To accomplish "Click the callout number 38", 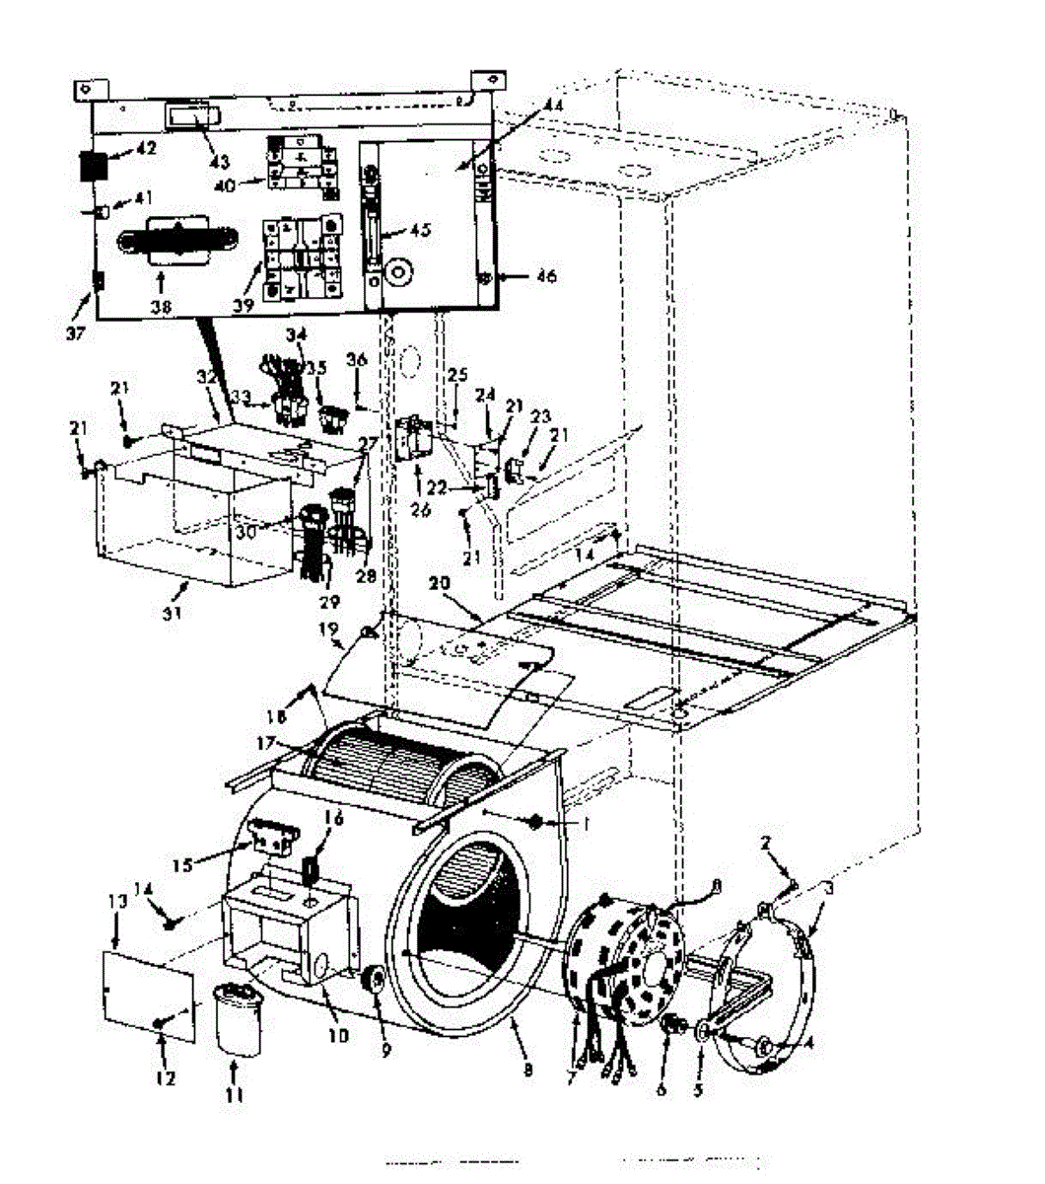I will click(x=161, y=307).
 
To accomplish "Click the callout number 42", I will click(x=145, y=150).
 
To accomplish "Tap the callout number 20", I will click(x=440, y=584).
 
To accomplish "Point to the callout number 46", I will click(x=545, y=276).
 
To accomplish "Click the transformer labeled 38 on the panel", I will click(x=176, y=241).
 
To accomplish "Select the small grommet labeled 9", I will click(x=375, y=983).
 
